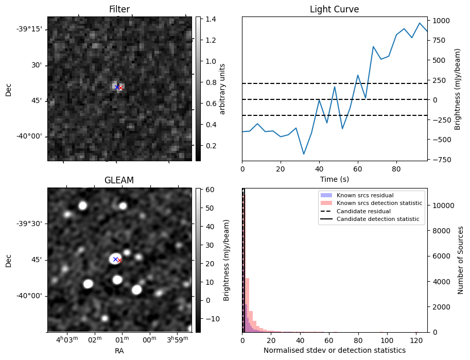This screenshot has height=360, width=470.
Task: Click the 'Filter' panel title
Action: pyautogui.click(x=119, y=9)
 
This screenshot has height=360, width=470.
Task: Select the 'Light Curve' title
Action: pyautogui.click(x=334, y=9)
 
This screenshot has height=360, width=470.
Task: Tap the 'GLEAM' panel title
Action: pyautogui.click(x=119, y=180)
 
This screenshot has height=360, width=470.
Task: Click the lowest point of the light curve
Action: pyautogui.click(x=304, y=154)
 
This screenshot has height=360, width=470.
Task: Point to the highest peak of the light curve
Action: pyautogui.click(x=420, y=23)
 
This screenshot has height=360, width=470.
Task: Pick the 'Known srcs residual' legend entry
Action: pyautogui.click(x=364, y=196)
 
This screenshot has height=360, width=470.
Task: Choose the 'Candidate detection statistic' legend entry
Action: pyautogui.click(x=377, y=219)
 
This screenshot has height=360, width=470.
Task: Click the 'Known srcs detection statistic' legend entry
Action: pyautogui.click(x=379, y=203)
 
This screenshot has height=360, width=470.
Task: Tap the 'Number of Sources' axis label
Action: pyautogui.click(x=461, y=260)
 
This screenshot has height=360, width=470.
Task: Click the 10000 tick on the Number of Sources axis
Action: pyautogui.click(x=442, y=205)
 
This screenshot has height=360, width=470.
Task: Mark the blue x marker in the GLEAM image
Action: pyautogui.click(x=115, y=259)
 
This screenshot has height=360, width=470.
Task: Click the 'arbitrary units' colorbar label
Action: pyautogui.click(x=222, y=89)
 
